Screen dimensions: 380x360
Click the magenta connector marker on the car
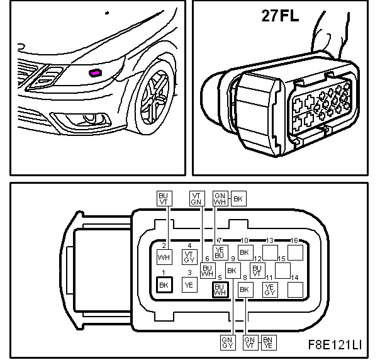click(96, 73)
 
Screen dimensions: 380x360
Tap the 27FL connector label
click(280, 16)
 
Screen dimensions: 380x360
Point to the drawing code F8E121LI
click(335, 344)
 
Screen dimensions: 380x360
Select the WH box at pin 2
click(164, 257)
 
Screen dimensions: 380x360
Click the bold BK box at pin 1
click(164, 285)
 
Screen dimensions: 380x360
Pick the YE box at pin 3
click(189, 285)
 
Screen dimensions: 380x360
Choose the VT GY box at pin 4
click(189, 257)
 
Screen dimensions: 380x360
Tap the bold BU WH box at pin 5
click(220, 290)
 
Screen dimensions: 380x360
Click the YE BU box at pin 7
click(220, 252)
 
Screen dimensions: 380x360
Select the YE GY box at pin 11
click(270, 290)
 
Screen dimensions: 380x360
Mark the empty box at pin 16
click(295, 252)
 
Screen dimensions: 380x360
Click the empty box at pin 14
click(295, 290)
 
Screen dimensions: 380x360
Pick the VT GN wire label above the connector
click(197, 198)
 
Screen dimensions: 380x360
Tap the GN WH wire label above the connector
click(220, 198)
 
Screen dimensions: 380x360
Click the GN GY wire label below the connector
click(228, 342)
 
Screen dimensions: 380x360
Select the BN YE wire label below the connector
click(269, 342)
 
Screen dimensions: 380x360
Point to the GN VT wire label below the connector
click(250, 342)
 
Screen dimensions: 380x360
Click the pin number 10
click(245, 240)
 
